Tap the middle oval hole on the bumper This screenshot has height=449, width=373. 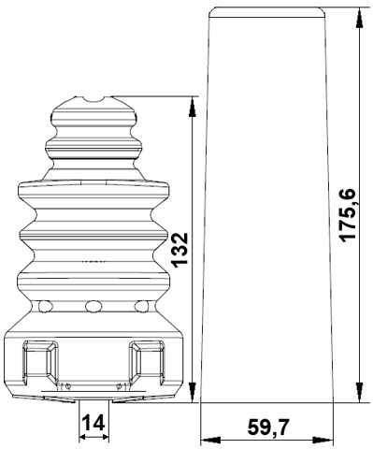[92, 306]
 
